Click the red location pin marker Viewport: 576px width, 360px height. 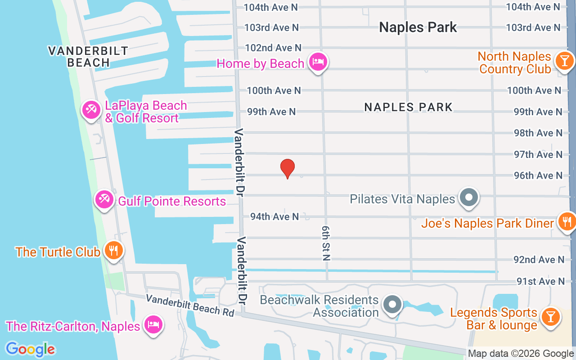(288, 169)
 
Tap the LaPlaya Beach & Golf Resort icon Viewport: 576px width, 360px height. (91, 110)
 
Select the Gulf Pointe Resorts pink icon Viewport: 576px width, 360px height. (104, 199)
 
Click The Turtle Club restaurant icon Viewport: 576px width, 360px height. (113, 251)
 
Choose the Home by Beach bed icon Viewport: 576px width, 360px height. (318, 62)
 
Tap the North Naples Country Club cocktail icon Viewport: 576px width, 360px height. (564, 61)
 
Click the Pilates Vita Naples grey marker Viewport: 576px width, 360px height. (469, 197)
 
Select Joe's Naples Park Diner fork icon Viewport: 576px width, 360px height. (567, 221)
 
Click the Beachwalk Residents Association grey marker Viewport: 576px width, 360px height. (392, 305)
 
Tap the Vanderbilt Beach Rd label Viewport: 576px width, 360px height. (190, 305)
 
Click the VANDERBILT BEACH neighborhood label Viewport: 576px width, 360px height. (88, 57)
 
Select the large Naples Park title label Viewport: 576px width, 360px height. (418, 27)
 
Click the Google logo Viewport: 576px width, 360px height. (30, 349)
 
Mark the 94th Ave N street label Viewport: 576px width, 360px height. (274, 216)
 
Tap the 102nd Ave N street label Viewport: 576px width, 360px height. (273, 48)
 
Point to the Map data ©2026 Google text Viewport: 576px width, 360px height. (521, 354)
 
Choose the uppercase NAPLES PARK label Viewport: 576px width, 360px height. (408, 107)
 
